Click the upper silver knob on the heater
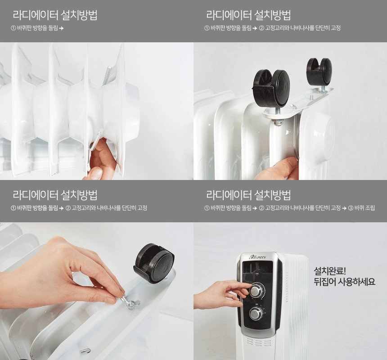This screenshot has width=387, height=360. (x=256, y=291)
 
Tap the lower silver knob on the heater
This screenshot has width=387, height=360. (x=255, y=314)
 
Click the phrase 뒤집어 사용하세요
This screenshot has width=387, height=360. (x=344, y=282)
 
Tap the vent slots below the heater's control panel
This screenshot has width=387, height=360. (x=257, y=342)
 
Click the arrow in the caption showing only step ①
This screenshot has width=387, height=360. (x=61, y=28)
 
